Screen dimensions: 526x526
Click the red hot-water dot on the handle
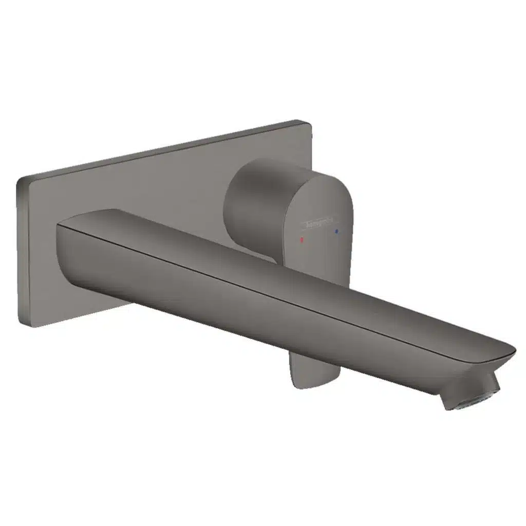coord(303,240)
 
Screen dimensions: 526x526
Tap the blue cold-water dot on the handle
coord(336,232)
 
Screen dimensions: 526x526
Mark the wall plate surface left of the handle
coord(154,185)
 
